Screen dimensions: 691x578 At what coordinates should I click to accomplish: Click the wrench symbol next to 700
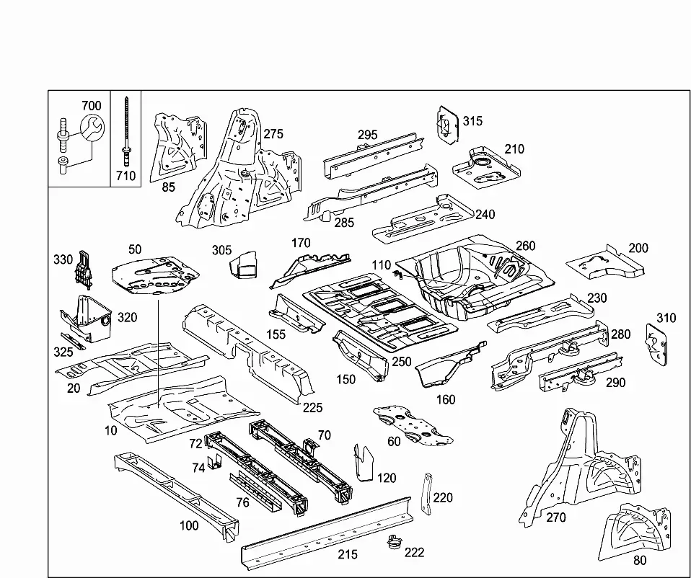tap(92, 128)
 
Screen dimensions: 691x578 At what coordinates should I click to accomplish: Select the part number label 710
tap(126, 176)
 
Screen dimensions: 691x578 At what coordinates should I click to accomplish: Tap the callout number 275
tap(273, 134)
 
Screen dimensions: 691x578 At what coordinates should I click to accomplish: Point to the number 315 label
tap(472, 120)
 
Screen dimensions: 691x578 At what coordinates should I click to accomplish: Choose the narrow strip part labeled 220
tap(427, 494)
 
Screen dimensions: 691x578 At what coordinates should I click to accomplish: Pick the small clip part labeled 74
tap(216, 463)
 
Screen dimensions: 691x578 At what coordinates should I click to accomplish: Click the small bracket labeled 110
tap(399, 275)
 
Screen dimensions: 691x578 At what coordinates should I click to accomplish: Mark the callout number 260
tap(525, 246)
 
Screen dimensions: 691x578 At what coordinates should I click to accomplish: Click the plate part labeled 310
tap(656, 344)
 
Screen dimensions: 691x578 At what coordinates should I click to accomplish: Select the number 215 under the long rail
tap(348, 554)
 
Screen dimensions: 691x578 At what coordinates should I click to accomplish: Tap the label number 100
tap(189, 525)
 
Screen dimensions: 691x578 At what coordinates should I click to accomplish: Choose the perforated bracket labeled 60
tap(413, 424)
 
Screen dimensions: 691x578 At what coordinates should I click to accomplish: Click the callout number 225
tap(312, 408)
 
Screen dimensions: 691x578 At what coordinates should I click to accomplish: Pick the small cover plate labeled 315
tap(448, 124)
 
